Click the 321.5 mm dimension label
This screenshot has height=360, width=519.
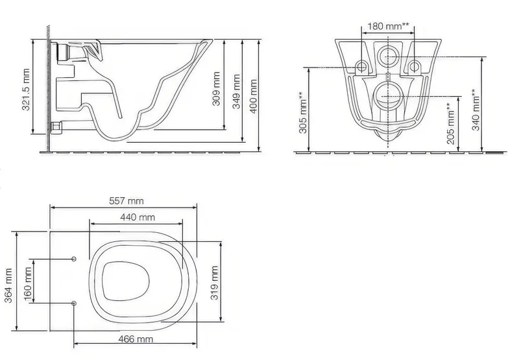pyautogui.click(x=25, y=90)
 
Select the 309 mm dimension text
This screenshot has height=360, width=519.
pyautogui.click(x=216, y=89)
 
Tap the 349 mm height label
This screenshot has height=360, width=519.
pyautogui.click(x=236, y=91)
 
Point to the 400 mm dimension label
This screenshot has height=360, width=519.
pyautogui.click(x=253, y=96)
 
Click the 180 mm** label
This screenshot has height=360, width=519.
pyautogui.click(x=388, y=26)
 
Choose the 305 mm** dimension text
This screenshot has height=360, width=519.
pyautogui.click(x=303, y=113)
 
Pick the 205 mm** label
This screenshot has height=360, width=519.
pyautogui.click(x=450, y=124)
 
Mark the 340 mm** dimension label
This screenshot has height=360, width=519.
pyautogui.click(x=476, y=110)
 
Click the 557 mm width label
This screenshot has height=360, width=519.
pyautogui.click(x=127, y=201)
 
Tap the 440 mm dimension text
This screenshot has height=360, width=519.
pyautogui.click(x=138, y=217)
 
